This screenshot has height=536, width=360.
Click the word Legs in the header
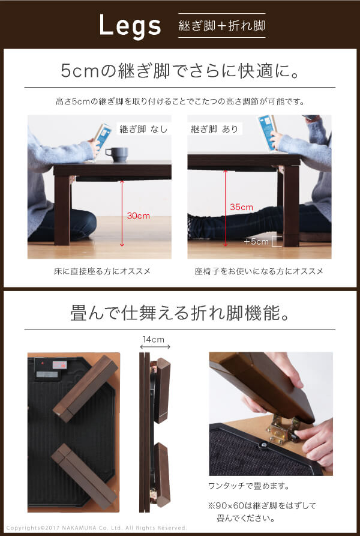click(x=130, y=26)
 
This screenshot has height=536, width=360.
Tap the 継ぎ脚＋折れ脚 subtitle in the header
click(x=221, y=26)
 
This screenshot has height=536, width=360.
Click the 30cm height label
click(x=139, y=215)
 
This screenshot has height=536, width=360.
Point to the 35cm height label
click(x=241, y=207)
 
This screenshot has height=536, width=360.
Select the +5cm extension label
click(x=256, y=242)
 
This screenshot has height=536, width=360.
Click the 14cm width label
click(x=154, y=340)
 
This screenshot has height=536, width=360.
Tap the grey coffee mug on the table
click(x=116, y=154)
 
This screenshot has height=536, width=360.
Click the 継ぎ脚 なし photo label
click(x=143, y=129)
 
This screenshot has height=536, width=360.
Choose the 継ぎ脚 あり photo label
click(x=214, y=129)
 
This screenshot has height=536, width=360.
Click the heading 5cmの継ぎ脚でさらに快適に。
click(x=180, y=71)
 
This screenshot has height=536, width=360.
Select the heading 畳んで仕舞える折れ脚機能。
click(x=180, y=313)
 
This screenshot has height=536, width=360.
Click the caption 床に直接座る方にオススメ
click(x=102, y=271)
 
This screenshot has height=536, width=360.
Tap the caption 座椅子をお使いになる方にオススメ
click(x=259, y=271)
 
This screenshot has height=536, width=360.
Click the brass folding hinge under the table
click(x=283, y=429)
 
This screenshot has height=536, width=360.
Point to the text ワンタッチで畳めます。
click(x=249, y=486)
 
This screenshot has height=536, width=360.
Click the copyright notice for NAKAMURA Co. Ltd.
click(x=97, y=528)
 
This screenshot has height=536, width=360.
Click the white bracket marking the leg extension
click(x=279, y=241)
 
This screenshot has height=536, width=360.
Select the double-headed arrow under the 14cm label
click(x=155, y=347)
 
